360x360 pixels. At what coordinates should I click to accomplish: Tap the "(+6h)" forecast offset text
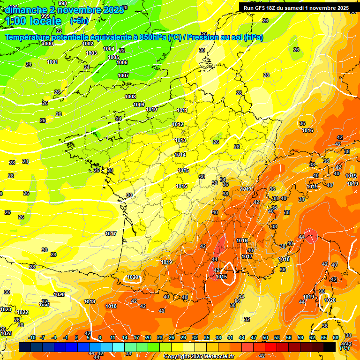79,21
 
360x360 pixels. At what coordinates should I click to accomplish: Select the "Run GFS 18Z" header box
296,7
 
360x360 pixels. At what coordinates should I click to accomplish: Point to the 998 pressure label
63,3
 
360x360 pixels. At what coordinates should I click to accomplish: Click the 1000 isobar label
47,44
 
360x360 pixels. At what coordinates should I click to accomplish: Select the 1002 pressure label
88,44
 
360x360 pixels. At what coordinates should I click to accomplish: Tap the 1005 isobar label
113,57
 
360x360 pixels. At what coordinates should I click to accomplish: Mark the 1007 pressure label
123,75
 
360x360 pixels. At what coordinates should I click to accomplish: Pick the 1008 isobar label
130,97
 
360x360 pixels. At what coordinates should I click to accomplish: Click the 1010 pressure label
151,109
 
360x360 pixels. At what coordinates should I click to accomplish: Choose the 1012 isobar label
178,124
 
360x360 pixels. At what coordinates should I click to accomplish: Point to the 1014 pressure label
180,155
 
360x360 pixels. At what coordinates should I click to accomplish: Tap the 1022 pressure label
22,312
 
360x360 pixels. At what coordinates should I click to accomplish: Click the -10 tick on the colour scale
32,337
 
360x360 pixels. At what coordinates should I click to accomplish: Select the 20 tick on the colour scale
148,337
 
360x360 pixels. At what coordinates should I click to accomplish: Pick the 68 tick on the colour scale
336,337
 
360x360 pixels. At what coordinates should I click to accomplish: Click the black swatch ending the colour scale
330,347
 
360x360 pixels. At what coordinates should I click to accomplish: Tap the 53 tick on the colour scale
277,337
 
